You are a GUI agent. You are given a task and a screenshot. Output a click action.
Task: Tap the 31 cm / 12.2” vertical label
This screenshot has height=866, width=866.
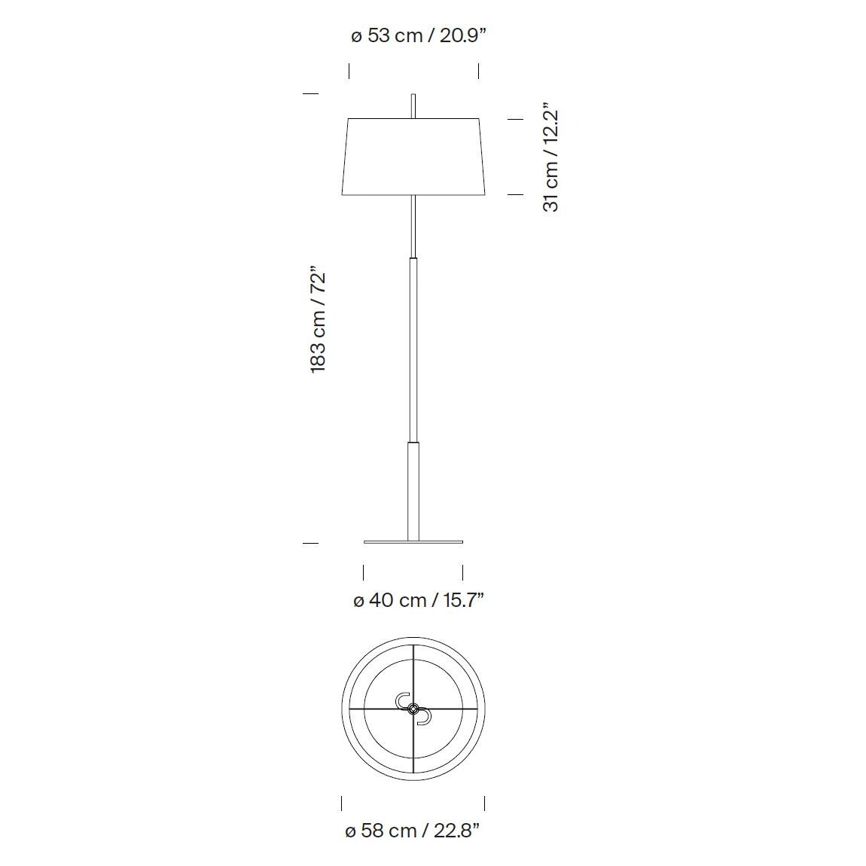[x=551, y=158]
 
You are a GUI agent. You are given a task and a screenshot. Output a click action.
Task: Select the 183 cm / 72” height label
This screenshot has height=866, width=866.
[x=318, y=319]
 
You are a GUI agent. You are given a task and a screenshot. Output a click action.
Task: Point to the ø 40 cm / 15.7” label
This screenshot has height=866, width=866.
[x=418, y=600]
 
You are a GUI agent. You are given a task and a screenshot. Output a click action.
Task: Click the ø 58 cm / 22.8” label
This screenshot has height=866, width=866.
[x=412, y=831]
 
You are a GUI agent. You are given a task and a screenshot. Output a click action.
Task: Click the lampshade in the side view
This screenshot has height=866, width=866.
[x=413, y=156]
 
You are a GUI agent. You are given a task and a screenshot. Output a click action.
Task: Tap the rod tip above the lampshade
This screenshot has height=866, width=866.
[x=413, y=105]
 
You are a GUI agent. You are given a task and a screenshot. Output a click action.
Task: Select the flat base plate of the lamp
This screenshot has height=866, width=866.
[x=413, y=541]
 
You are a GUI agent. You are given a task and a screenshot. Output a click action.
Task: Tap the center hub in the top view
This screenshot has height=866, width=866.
[x=413, y=708]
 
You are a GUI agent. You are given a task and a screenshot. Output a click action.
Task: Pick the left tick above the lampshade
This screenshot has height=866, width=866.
[x=349, y=71]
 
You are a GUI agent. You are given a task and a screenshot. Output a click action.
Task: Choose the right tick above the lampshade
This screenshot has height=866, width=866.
[x=478, y=71]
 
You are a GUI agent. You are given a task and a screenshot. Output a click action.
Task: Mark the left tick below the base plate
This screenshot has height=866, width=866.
[x=363, y=572]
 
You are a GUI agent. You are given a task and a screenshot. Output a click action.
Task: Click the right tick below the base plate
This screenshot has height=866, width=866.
[x=462, y=572]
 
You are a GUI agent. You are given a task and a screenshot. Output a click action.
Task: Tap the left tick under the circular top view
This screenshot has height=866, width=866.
[x=342, y=802]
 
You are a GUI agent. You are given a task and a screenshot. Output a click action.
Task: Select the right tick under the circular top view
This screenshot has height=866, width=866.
[x=484, y=802]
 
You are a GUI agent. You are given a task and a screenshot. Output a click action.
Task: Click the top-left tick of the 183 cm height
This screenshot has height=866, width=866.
[x=310, y=93]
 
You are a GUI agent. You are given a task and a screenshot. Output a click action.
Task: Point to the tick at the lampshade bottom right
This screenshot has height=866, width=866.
[x=515, y=194]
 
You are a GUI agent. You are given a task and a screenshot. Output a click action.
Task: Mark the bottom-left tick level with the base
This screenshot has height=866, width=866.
[x=310, y=542]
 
